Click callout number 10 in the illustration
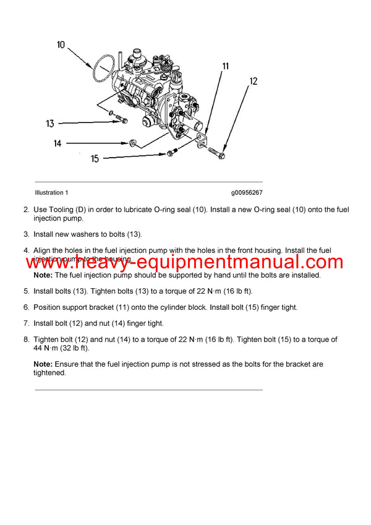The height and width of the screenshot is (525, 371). click(x=61, y=45)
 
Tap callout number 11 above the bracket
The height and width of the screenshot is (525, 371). click(x=225, y=66)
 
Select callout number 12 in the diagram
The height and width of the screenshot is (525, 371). click(x=254, y=81)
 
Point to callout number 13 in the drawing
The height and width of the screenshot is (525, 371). click(x=50, y=124)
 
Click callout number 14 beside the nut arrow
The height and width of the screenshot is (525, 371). click(x=58, y=143)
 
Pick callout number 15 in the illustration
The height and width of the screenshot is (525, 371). click(x=95, y=159)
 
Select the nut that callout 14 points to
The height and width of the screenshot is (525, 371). click(x=132, y=144)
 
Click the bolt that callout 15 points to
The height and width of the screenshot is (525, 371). click(x=171, y=153)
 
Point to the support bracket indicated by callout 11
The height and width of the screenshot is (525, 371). click(x=200, y=140)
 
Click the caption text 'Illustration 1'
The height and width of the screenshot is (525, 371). click(x=51, y=193)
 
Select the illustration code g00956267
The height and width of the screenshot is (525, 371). click(x=247, y=193)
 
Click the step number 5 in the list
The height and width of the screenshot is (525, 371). click(x=27, y=291)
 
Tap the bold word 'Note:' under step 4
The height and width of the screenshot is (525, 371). click(x=43, y=275)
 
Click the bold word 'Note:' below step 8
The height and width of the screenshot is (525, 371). click(x=43, y=364)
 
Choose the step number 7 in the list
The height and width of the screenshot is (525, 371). click(x=27, y=323)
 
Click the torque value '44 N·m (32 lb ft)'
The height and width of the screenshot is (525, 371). click(x=61, y=348)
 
